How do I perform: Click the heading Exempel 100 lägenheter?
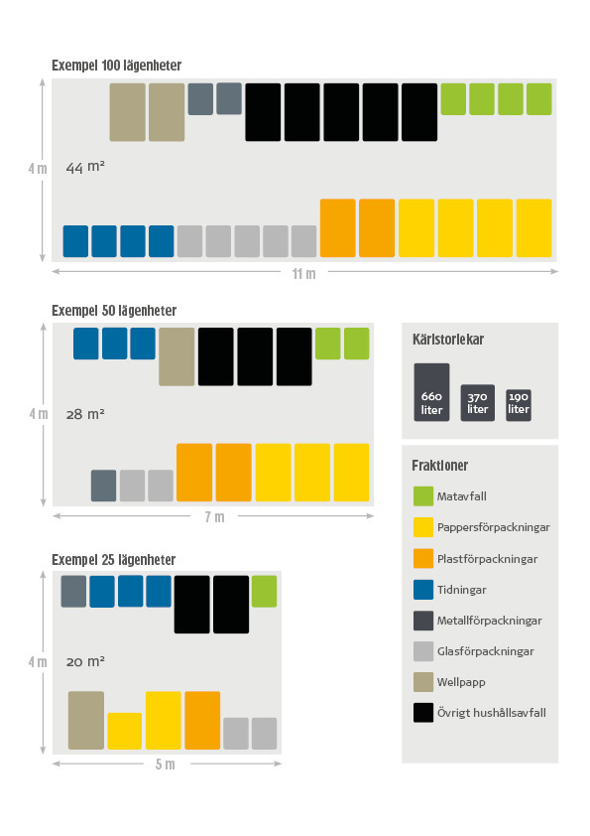click(117, 66)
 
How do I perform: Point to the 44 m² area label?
click(85, 167)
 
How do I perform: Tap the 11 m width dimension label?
click(304, 273)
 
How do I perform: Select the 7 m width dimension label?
click(214, 516)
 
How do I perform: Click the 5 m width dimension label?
click(165, 765)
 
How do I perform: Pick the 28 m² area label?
click(85, 414)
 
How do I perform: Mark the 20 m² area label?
click(85, 661)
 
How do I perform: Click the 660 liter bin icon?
click(432, 392)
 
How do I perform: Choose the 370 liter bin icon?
click(478, 403)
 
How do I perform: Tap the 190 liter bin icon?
click(519, 406)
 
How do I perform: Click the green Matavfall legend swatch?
click(423, 496)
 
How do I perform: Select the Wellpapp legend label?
click(461, 682)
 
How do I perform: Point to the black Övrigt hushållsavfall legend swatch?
click(423, 713)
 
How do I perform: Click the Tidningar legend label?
click(462, 590)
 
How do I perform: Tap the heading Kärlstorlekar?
click(448, 340)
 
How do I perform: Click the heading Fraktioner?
click(440, 466)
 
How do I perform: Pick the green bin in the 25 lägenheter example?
click(264, 592)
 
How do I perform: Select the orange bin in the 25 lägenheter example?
click(202, 720)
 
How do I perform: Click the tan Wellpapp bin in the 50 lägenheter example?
click(177, 356)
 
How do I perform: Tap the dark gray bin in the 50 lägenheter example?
click(104, 486)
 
